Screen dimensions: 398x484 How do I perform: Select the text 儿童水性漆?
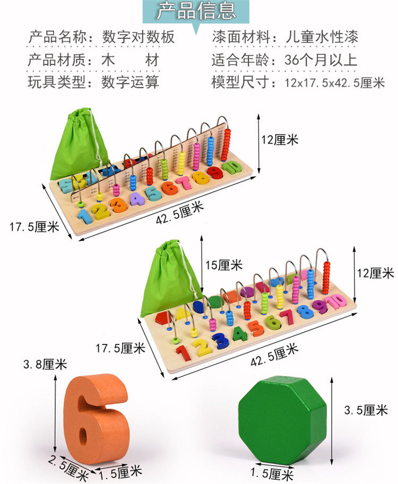(321, 37)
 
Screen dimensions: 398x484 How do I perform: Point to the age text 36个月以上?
(321, 59)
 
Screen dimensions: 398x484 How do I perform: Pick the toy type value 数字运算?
(130, 82)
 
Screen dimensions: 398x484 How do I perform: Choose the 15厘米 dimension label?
(222, 264)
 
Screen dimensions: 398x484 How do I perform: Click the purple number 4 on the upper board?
(137, 198)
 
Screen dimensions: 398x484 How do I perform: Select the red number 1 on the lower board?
(182, 352)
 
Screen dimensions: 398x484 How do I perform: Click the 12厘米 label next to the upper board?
(279, 140)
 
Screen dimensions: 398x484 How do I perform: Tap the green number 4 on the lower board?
(240, 333)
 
